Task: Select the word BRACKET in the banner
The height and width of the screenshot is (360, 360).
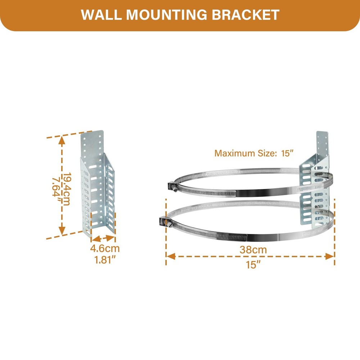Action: coord(245,15)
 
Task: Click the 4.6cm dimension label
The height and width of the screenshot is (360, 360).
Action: coord(105,248)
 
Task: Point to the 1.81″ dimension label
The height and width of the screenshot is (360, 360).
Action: coord(105,260)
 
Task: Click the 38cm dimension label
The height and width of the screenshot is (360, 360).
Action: coord(253,249)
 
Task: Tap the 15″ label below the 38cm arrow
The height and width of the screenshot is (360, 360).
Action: coord(253,265)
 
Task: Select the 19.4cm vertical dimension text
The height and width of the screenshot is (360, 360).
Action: coord(67,189)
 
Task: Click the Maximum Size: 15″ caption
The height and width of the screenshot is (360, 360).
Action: coord(254,153)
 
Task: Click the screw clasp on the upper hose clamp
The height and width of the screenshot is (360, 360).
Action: coord(172,186)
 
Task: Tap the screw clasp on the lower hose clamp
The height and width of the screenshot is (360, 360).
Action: coord(165,222)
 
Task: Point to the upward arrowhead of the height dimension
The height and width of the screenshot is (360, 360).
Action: coord(61,140)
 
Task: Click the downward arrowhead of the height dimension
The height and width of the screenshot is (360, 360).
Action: coord(62,230)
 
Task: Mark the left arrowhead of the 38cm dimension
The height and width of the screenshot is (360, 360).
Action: coord(171,256)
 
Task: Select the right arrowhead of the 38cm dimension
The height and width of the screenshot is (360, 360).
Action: coord(330,256)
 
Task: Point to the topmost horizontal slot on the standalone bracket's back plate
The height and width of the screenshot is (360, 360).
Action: coord(93,167)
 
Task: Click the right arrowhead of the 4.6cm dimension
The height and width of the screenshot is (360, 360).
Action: coord(111,238)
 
